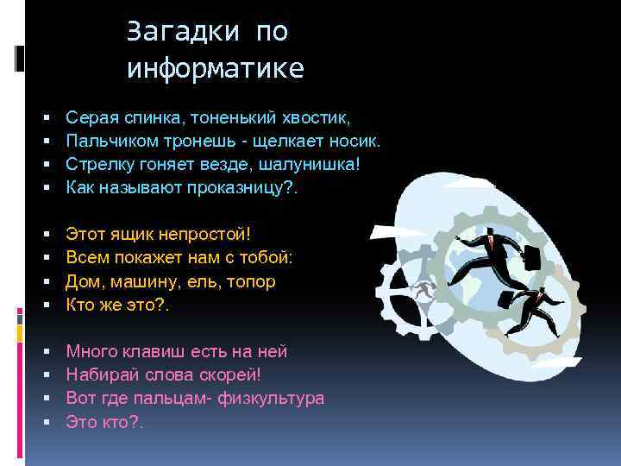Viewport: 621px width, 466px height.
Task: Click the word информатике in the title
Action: click(x=216, y=69)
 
